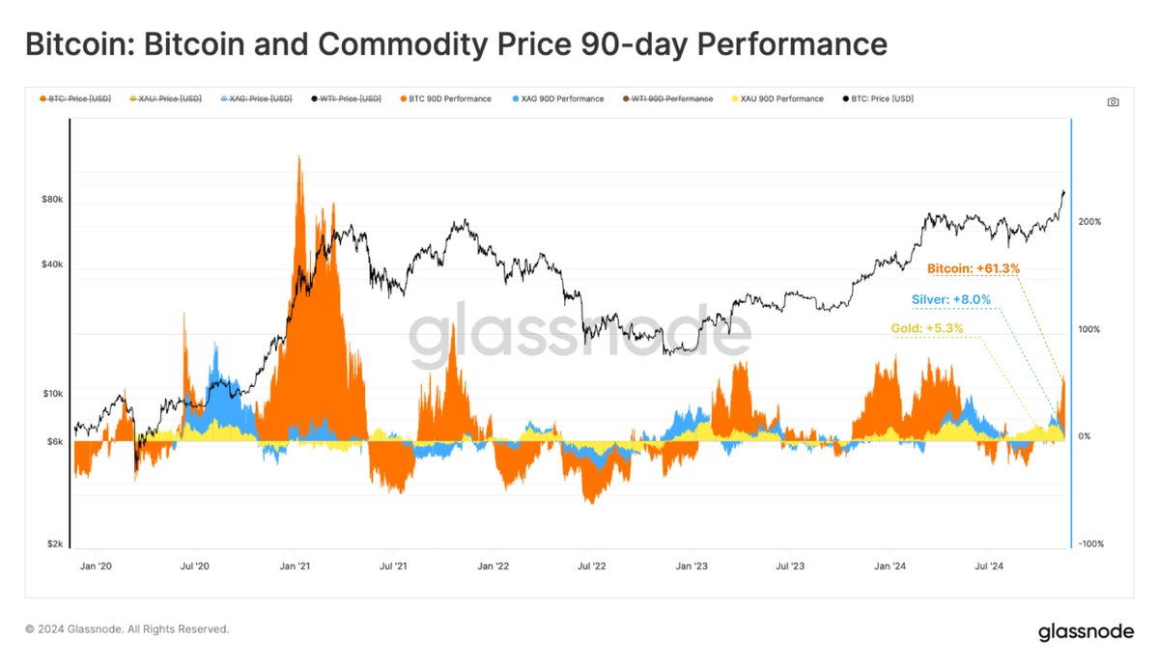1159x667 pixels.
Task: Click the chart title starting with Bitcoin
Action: (x=455, y=44)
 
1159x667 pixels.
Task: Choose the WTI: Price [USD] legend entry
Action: (x=347, y=98)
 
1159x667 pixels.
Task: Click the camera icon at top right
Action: (x=1113, y=101)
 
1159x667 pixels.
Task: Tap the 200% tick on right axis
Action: (x=1089, y=222)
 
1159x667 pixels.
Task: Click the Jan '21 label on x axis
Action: (x=294, y=567)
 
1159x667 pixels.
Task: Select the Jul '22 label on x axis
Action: (x=591, y=567)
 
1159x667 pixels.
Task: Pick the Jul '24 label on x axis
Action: (x=987, y=567)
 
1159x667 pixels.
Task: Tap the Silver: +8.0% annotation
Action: (x=950, y=299)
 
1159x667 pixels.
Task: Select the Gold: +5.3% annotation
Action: (x=926, y=329)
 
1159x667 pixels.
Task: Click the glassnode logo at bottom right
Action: (x=1086, y=633)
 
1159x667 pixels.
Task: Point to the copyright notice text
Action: (x=127, y=629)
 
